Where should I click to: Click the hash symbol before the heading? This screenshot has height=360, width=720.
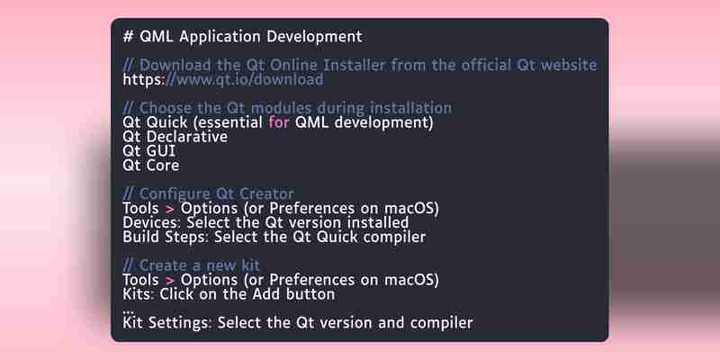pos(128,36)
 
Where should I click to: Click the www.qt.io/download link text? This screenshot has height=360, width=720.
pos(243,80)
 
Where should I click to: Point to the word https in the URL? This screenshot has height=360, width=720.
pos(141,80)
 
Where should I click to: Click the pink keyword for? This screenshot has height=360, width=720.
pos(279,122)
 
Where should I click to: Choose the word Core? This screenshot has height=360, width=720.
pos(163,166)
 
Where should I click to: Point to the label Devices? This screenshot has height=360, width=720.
pos(152,222)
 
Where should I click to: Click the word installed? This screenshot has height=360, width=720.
pos(379,222)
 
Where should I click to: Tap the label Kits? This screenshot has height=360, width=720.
pos(139,294)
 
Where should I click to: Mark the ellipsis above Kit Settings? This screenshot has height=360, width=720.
pos(128,312)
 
